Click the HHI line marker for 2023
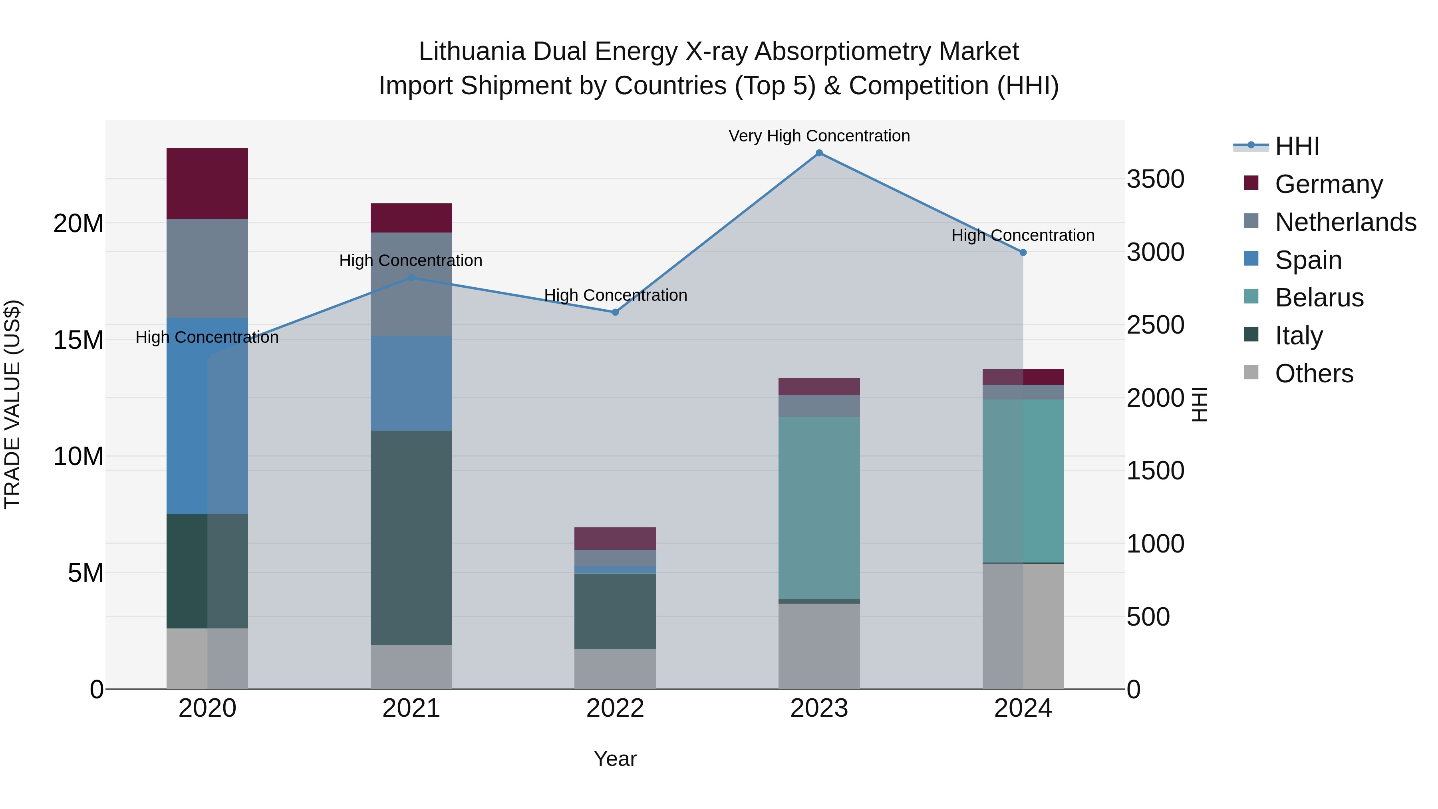pyautogui.click(x=819, y=153)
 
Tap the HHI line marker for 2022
pyautogui.click(x=615, y=312)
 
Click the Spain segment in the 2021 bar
pyautogui.click(x=411, y=383)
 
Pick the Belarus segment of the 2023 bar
pyautogui.click(x=819, y=507)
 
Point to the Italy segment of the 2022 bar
pyautogui.click(x=615, y=611)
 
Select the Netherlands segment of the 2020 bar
pyautogui.click(x=207, y=268)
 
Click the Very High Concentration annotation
pyautogui.click(x=819, y=136)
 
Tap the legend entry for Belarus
pyautogui.click(x=1319, y=298)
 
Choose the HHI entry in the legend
pyautogui.click(x=1297, y=146)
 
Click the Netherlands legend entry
pyautogui.click(x=1345, y=222)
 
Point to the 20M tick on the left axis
pyautogui.click(x=78, y=224)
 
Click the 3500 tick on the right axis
pyautogui.click(x=1155, y=179)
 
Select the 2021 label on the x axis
pyautogui.click(x=411, y=708)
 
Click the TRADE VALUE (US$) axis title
pyautogui.click(x=12, y=404)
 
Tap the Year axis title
pyautogui.click(x=615, y=759)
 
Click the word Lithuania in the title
pyautogui.click(x=472, y=52)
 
